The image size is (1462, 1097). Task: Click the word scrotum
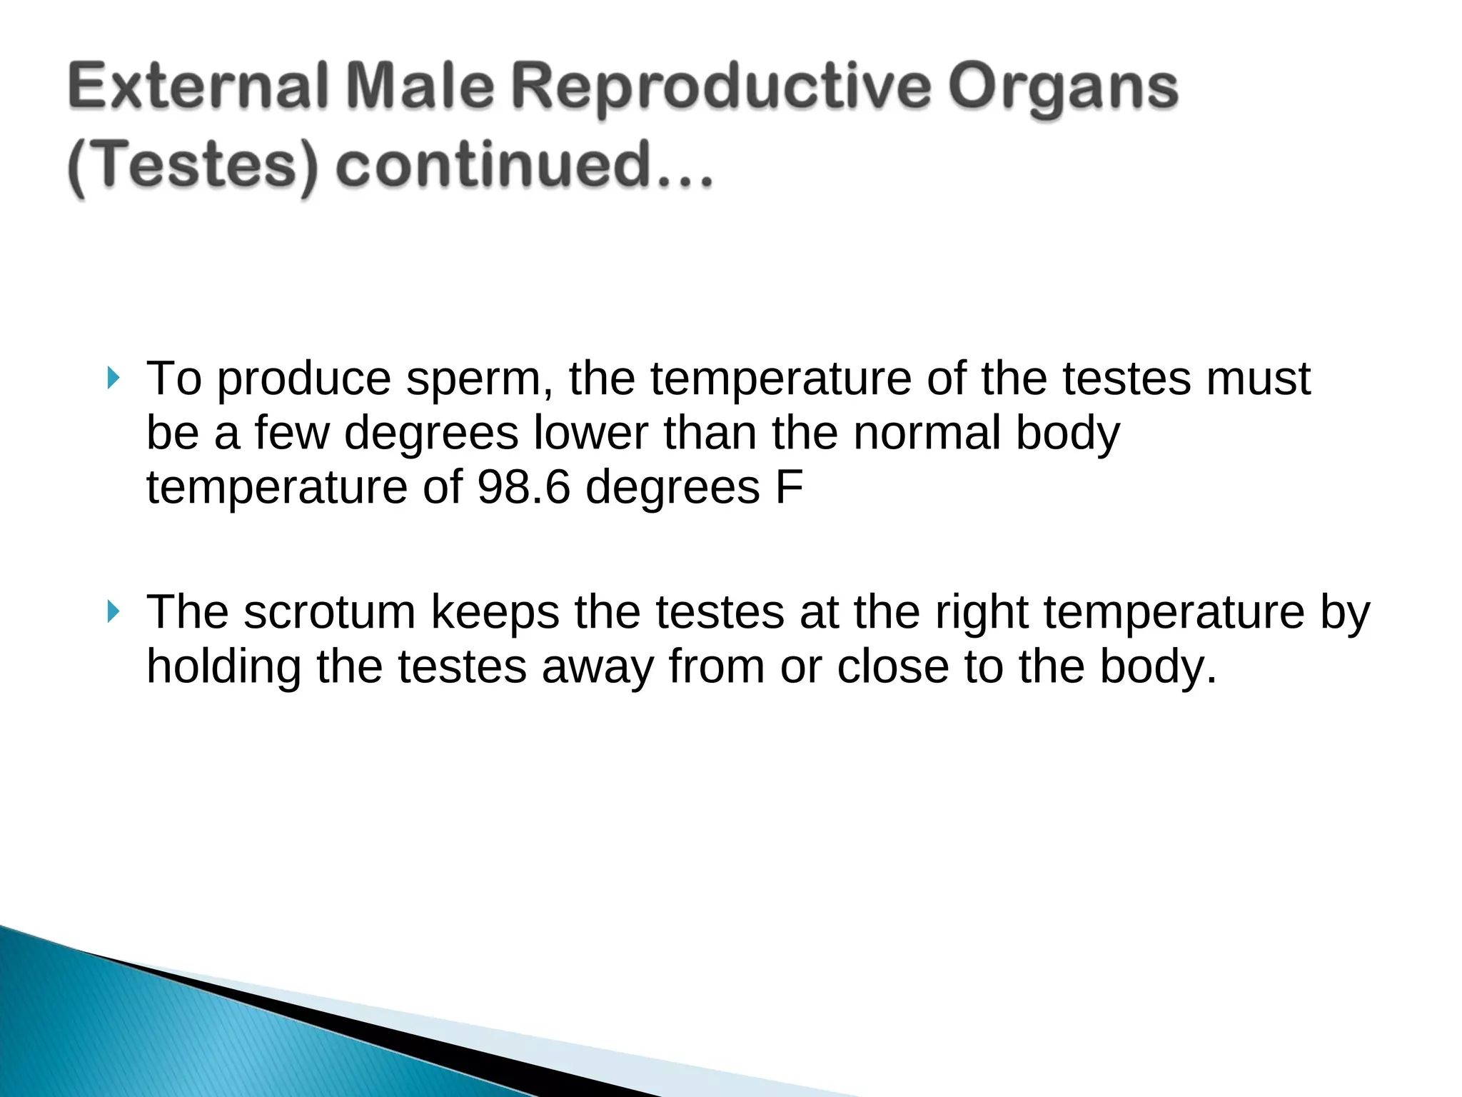tap(329, 612)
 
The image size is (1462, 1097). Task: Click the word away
tap(597, 667)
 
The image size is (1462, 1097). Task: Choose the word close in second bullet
tap(892, 667)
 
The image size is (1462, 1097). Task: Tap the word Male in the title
tap(421, 88)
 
